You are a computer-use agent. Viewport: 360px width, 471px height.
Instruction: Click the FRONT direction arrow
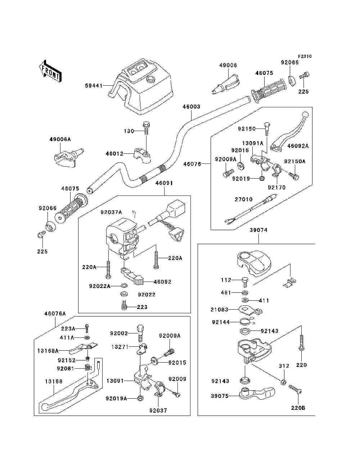point(49,70)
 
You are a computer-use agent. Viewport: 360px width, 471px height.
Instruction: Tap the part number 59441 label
point(93,86)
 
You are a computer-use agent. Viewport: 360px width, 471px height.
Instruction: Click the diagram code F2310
point(305,56)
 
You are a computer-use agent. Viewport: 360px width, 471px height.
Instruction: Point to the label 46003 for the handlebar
point(191,107)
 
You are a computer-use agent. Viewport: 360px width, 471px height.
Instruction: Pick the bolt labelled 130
point(146,128)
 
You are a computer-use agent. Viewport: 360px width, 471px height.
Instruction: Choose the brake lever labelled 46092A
point(289,133)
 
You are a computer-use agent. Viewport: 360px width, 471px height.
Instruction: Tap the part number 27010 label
point(243,199)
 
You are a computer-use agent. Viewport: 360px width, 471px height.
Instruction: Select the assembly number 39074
point(258,230)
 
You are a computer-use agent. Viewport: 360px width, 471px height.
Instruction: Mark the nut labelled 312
point(283,381)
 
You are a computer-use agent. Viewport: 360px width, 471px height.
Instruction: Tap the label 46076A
point(55,313)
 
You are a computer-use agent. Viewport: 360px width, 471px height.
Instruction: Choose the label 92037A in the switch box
point(111,212)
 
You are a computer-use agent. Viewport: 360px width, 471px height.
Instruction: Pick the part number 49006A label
point(60,139)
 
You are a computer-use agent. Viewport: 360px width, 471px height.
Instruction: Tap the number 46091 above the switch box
point(164,183)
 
